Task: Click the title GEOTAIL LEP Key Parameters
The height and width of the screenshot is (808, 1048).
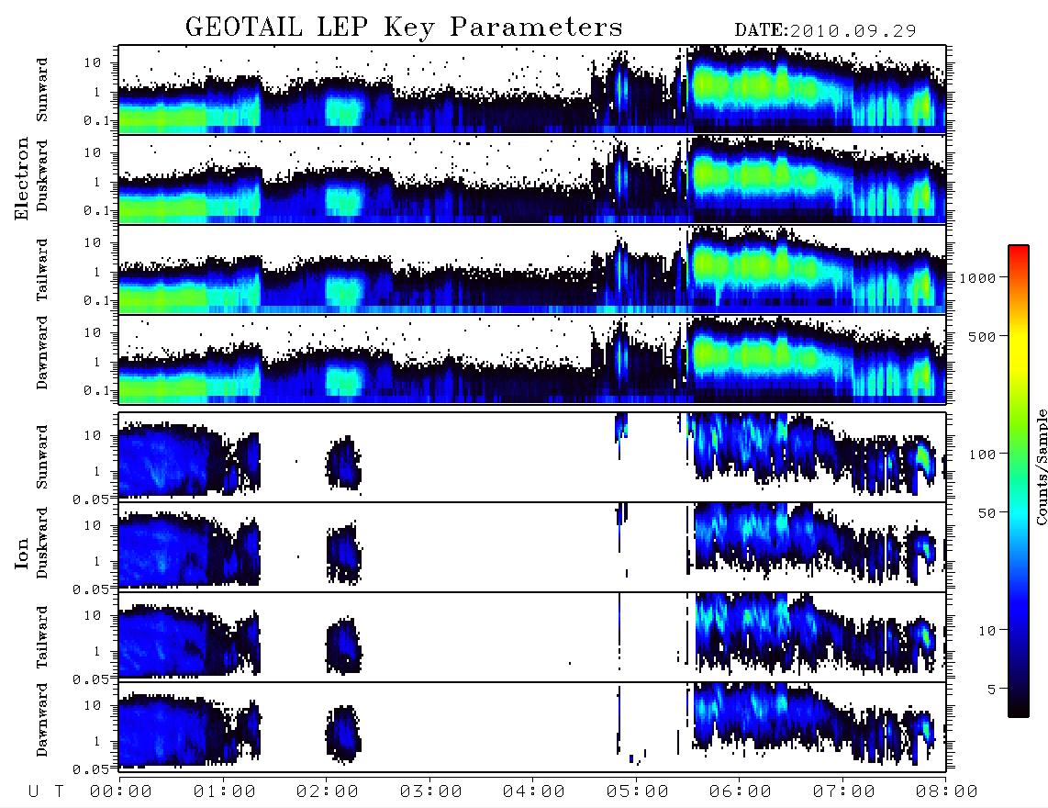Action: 404,28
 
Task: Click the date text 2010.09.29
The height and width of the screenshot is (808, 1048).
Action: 853,31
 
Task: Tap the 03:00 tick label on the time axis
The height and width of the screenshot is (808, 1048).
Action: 430,791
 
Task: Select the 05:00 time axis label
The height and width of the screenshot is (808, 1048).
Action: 637,791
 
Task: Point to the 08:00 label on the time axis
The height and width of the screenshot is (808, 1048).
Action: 946,791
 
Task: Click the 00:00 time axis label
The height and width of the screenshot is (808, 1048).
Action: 121,791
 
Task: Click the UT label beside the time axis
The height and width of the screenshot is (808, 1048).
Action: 46,791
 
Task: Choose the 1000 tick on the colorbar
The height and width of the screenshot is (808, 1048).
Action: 978,277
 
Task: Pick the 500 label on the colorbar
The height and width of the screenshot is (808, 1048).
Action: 983,336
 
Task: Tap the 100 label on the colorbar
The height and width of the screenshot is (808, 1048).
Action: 983,454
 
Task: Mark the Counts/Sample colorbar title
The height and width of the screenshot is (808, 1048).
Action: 1041,466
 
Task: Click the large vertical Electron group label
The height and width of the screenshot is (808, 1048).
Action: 22,178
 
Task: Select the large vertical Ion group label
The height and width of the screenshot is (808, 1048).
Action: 22,554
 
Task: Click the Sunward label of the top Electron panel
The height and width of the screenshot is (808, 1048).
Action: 42,90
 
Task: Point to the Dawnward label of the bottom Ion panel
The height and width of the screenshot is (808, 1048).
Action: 42,720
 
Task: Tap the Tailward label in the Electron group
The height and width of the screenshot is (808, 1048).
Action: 42,269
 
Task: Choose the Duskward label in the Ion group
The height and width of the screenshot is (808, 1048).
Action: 42,543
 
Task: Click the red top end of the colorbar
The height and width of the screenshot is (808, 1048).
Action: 1019,249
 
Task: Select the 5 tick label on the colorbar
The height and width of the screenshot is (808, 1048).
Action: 991,689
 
